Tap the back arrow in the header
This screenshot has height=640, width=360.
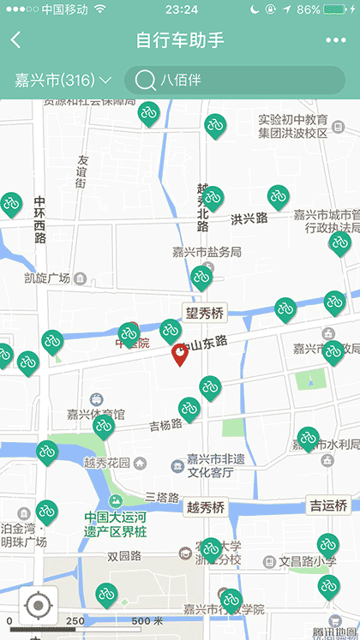pyautogui.click(x=16, y=40)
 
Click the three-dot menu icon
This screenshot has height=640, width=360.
pyautogui.click(x=335, y=40)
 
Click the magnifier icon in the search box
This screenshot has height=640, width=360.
pyautogui.click(x=145, y=81)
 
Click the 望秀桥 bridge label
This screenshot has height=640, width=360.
pyautogui.click(x=203, y=314)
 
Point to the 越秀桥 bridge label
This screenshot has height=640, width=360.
pyautogui.click(x=205, y=507)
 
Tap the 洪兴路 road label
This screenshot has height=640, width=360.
pyautogui.click(x=249, y=218)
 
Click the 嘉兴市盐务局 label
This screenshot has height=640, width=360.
pyautogui.click(x=207, y=252)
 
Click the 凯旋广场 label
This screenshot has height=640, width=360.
pyautogui.click(x=47, y=278)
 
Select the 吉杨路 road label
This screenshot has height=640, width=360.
pyautogui.click(x=166, y=424)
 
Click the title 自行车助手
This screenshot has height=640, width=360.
pyautogui.click(x=180, y=40)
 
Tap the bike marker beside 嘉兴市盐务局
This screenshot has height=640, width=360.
pyautogui.click(x=201, y=276)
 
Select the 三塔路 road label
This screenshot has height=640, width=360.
pyautogui.click(x=161, y=497)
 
